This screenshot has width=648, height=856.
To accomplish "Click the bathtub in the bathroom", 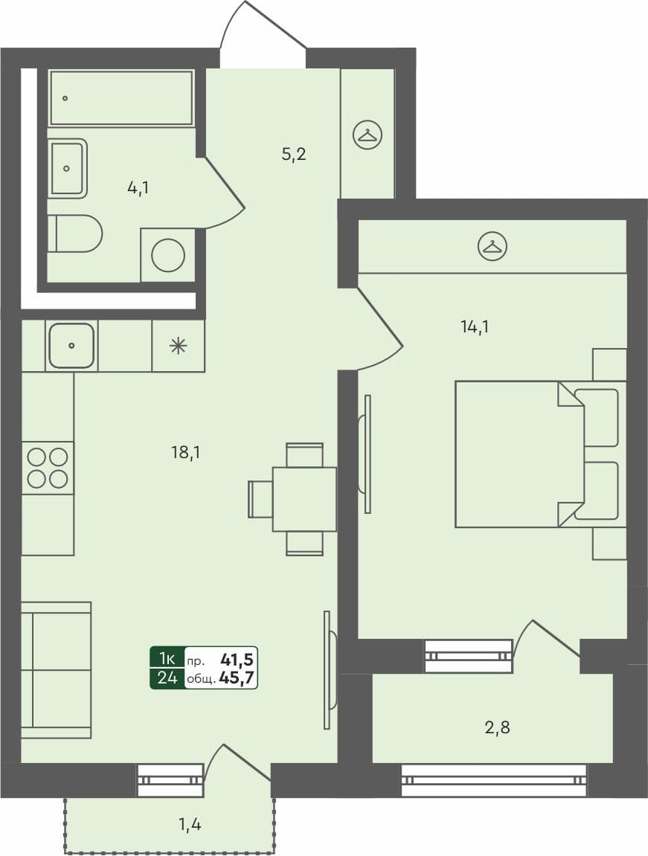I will pos(121,98).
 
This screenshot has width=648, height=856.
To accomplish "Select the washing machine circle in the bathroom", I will pos(168,255).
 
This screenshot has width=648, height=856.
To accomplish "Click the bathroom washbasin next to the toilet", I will pos(67,169).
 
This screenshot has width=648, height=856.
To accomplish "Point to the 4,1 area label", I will pos(138,188).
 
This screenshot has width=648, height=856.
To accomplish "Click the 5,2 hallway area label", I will pos(295,155).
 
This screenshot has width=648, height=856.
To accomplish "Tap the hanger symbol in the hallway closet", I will pos(367,135).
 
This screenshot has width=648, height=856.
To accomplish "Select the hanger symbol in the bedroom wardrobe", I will pos(492,246).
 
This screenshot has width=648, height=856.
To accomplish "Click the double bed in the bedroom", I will pos(521,454).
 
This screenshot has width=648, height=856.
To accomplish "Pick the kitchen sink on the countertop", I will pos(71,345).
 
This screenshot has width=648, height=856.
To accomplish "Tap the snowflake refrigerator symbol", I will pos(178,345).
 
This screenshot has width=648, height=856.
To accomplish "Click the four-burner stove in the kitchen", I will pos(48,468).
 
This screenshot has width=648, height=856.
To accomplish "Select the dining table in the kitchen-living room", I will pos(304,499).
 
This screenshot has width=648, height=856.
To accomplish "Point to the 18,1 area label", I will pos(186,451).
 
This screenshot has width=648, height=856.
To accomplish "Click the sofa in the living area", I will pos(56,670).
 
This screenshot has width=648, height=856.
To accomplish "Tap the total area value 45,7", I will pos(238,678).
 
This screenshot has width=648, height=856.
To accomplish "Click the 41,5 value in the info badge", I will pos(237,659).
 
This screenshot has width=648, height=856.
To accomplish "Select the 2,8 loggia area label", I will pos(496,727).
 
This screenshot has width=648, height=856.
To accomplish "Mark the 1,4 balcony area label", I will pos(189,823).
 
